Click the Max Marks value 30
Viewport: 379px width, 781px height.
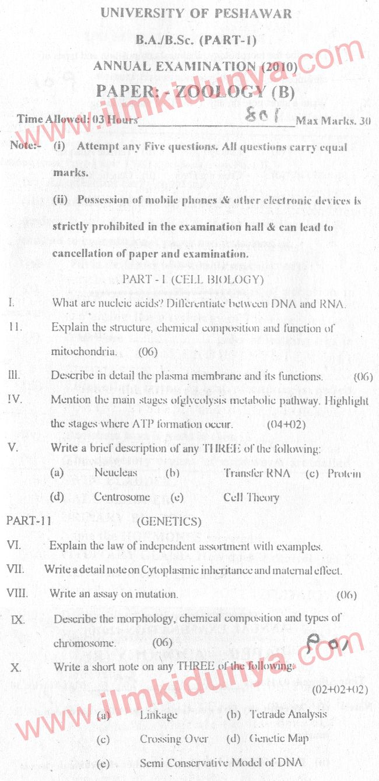365,121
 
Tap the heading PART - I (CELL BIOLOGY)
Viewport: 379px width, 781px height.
193,280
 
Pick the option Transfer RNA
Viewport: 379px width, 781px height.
257,473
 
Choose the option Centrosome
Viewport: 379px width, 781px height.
122,497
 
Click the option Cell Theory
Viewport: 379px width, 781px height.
251,497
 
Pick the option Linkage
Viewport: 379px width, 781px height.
159,715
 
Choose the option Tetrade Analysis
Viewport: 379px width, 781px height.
288,714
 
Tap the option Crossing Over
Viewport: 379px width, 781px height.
174,738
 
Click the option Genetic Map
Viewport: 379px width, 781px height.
279,738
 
